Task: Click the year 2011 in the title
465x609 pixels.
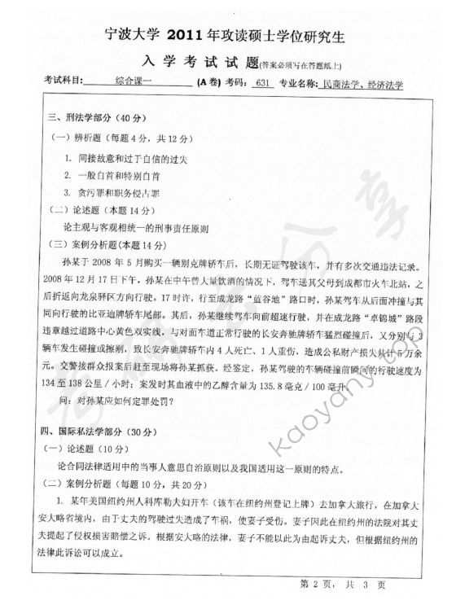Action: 190,36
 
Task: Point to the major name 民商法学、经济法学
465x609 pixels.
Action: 363,83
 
